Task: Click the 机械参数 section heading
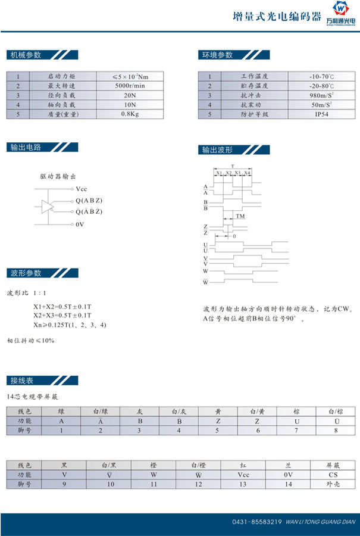point(26,55)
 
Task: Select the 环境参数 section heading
point(217,55)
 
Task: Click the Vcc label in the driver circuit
point(82,189)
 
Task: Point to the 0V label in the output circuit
point(80,225)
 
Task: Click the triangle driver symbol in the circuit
point(48,206)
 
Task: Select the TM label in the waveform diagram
point(240,216)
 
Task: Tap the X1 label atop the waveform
point(219,173)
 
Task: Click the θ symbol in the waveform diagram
point(234,236)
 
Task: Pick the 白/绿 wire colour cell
point(101,411)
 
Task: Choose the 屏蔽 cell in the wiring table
point(333,465)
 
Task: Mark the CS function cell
point(333,475)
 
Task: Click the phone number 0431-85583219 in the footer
point(256,522)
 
